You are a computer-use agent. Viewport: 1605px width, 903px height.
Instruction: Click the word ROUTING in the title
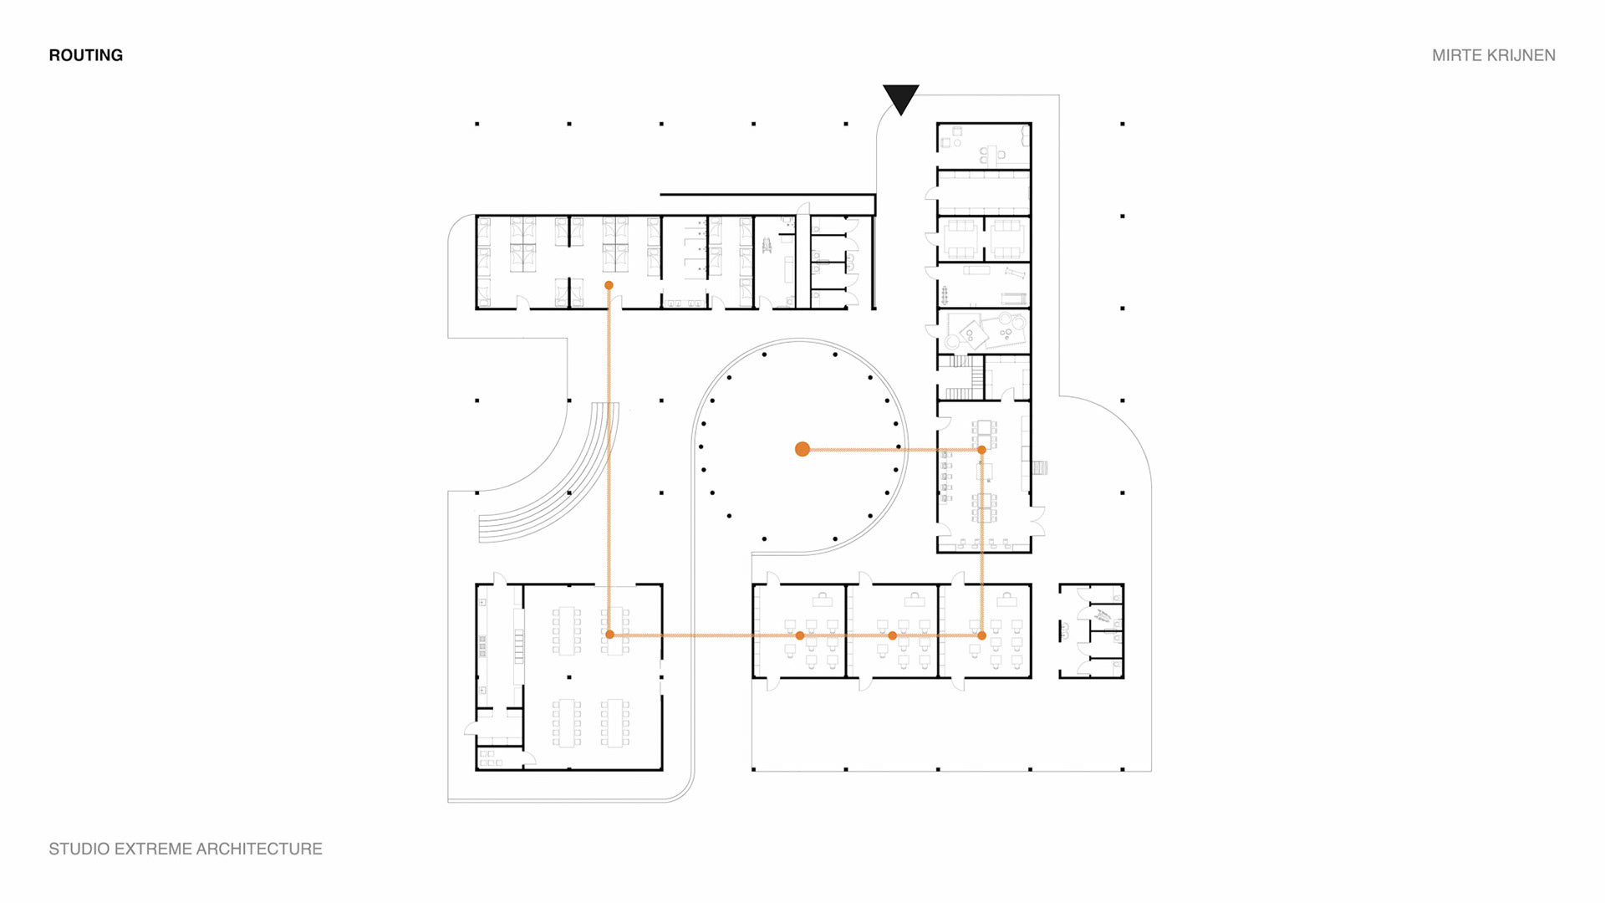(x=85, y=55)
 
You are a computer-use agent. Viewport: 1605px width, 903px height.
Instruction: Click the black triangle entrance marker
(x=900, y=97)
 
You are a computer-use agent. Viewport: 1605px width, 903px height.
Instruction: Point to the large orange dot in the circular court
(x=802, y=449)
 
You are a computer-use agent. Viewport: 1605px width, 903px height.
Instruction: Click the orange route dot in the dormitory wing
(x=609, y=285)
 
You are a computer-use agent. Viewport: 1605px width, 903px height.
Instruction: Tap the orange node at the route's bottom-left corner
(x=609, y=635)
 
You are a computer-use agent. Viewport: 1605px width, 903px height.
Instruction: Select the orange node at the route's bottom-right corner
(x=981, y=635)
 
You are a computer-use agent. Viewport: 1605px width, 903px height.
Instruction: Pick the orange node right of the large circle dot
(x=981, y=450)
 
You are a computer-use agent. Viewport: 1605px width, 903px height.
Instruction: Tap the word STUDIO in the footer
(x=79, y=849)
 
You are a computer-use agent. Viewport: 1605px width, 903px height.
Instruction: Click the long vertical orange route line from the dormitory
(x=609, y=460)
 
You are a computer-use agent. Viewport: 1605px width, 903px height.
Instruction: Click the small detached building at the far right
(x=1091, y=630)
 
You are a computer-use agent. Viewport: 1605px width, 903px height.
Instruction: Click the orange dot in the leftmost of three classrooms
(x=800, y=635)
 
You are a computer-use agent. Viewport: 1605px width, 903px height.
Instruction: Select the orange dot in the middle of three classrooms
(x=892, y=635)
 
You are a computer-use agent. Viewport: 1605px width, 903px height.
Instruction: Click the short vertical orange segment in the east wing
(x=981, y=543)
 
